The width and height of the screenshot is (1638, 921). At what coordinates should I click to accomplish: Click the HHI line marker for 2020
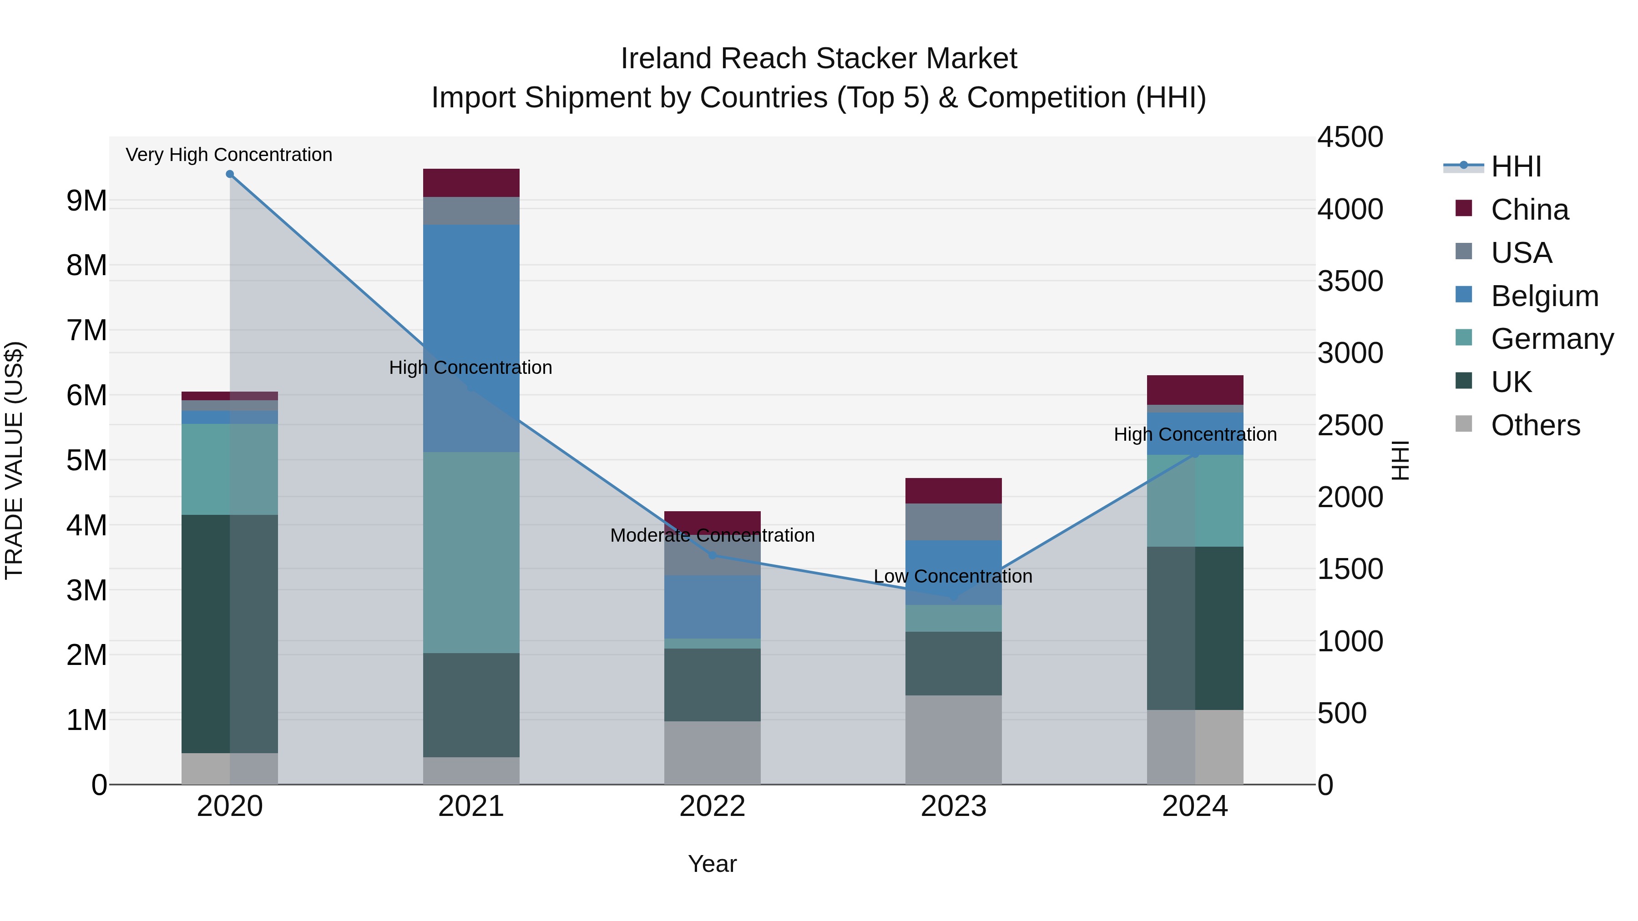point(230,174)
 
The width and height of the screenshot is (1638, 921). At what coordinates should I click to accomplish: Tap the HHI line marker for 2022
point(712,555)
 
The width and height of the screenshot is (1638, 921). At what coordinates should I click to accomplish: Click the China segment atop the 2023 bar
point(953,491)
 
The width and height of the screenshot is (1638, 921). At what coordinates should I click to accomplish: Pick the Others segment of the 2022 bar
point(712,753)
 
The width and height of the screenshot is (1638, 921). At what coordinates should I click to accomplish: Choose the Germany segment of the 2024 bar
point(1195,501)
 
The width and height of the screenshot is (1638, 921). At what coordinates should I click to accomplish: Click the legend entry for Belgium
point(1544,296)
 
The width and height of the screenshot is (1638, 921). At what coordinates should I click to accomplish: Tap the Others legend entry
point(1535,425)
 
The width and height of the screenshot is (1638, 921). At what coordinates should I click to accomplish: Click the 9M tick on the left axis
point(86,201)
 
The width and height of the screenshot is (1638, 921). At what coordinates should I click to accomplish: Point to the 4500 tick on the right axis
point(1350,137)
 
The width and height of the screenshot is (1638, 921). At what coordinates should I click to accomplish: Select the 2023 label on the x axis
point(953,806)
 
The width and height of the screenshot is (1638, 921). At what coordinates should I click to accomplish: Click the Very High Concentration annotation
point(229,155)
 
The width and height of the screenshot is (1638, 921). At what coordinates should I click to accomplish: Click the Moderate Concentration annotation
point(712,535)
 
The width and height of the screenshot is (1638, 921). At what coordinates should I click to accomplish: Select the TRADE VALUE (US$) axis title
point(15,460)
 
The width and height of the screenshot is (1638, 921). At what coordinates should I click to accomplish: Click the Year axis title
point(712,864)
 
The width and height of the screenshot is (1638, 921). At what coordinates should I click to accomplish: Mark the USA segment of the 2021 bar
point(471,211)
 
